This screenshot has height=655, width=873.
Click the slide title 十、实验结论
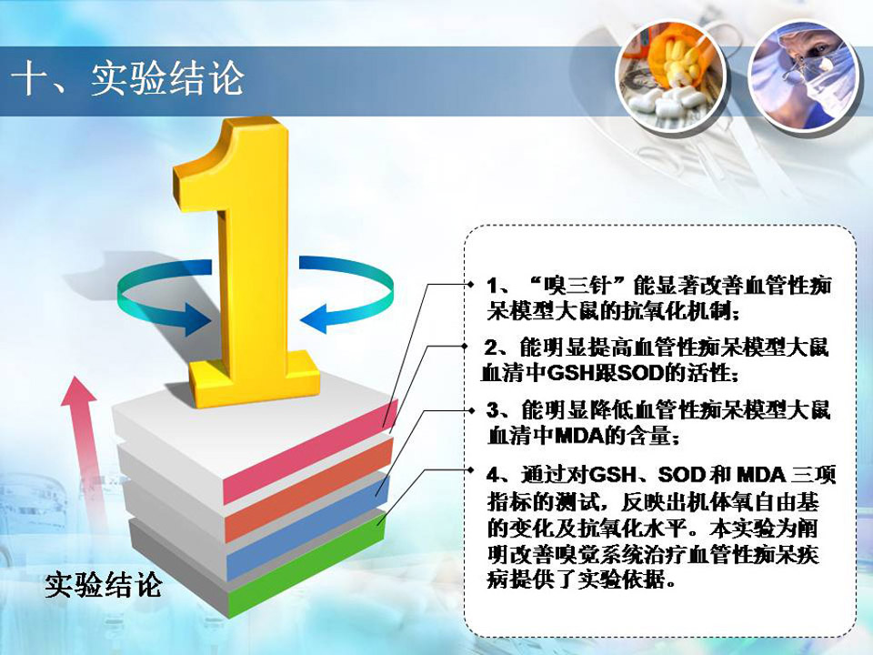[127, 78]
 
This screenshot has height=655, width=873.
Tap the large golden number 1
[245, 262]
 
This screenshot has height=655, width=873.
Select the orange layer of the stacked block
[308, 489]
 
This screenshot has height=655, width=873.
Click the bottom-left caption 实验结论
[104, 584]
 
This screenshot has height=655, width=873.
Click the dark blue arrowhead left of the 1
[197, 319]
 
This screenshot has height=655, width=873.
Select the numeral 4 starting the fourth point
[493, 475]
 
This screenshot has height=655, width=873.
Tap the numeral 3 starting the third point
[493, 410]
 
